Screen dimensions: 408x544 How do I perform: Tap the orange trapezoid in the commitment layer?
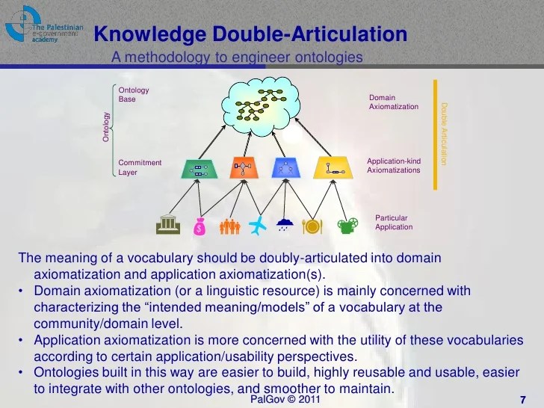(241, 169)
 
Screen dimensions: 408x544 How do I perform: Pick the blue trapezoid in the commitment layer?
(285, 168)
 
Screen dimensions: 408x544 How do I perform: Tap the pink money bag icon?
(199, 226)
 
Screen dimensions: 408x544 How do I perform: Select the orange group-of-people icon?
(229, 225)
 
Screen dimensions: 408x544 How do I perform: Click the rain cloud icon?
(285, 225)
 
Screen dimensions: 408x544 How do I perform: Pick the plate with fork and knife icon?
(312, 225)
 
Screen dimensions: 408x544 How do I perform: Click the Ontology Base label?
(134, 95)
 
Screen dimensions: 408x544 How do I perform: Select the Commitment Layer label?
(140, 167)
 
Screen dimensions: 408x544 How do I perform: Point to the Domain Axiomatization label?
(394, 102)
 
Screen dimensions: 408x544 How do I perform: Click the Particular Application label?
(394, 223)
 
